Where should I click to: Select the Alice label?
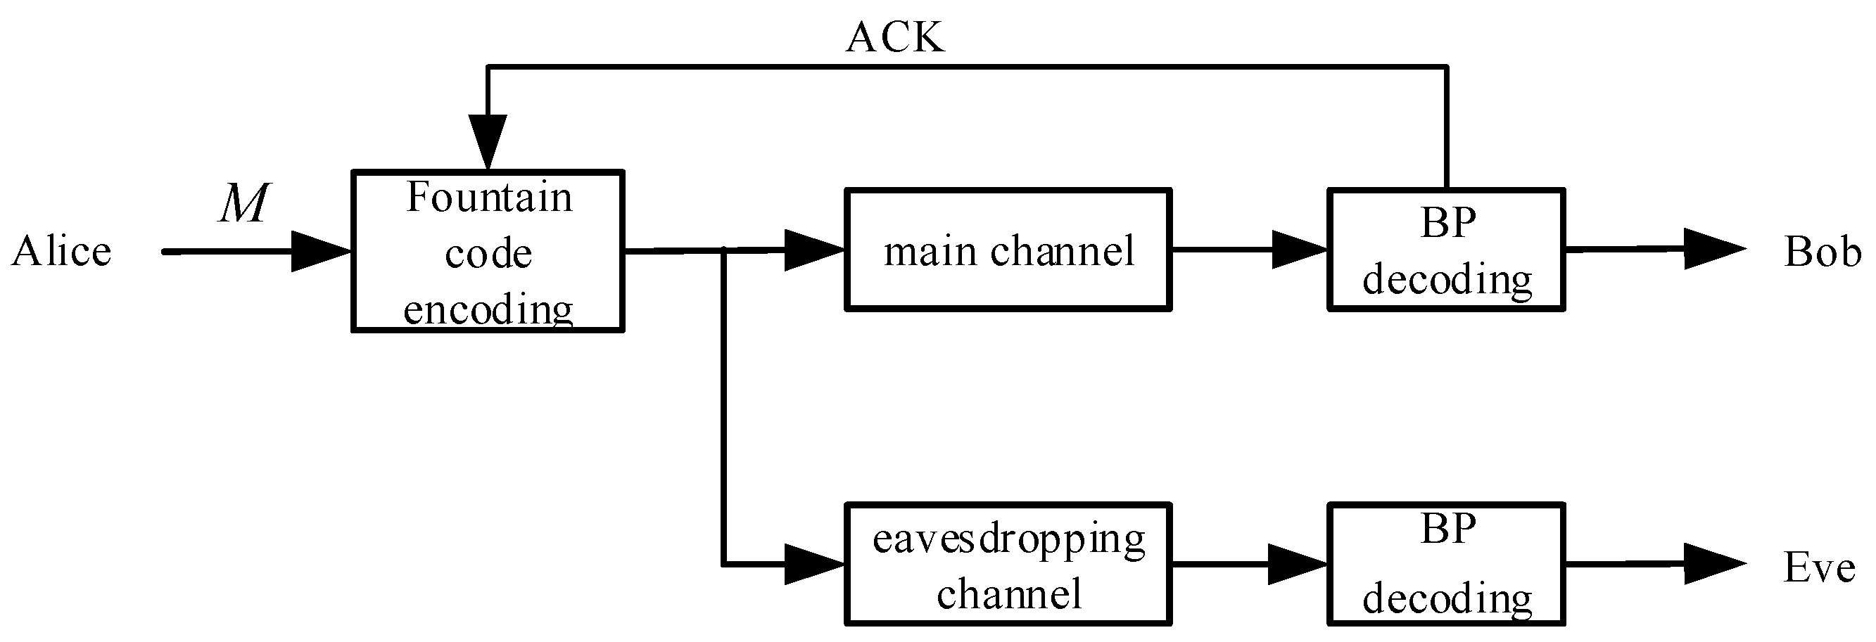62,252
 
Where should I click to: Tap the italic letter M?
244,203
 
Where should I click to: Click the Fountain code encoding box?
488,252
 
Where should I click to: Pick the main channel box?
1008,250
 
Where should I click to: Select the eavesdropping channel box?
1008,564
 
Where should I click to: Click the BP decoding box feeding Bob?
1446,250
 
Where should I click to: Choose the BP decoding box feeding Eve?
1446,564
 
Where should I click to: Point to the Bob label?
1823,252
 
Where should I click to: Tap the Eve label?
1818,567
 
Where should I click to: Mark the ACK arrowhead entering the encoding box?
487,141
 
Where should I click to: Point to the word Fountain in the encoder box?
488,198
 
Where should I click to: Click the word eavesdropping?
1008,540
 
